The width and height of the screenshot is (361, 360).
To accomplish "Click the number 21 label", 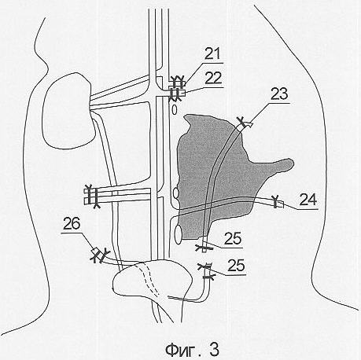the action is [x=212, y=54].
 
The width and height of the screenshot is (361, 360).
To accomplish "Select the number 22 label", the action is [x=213, y=78].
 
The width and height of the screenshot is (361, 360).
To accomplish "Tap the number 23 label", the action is [x=279, y=94].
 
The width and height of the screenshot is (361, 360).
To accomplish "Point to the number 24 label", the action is [x=308, y=200].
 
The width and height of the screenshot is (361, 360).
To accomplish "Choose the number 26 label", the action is [x=72, y=224].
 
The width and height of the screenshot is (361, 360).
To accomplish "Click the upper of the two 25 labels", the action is [x=233, y=238].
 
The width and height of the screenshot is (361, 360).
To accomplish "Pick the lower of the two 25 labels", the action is [x=236, y=266].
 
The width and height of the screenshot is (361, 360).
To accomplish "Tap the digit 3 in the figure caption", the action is [x=214, y=349].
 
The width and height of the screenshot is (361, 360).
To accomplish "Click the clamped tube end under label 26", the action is [x=99, y=255].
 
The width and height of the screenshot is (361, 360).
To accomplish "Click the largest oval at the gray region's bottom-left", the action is [x=179, y=233].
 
